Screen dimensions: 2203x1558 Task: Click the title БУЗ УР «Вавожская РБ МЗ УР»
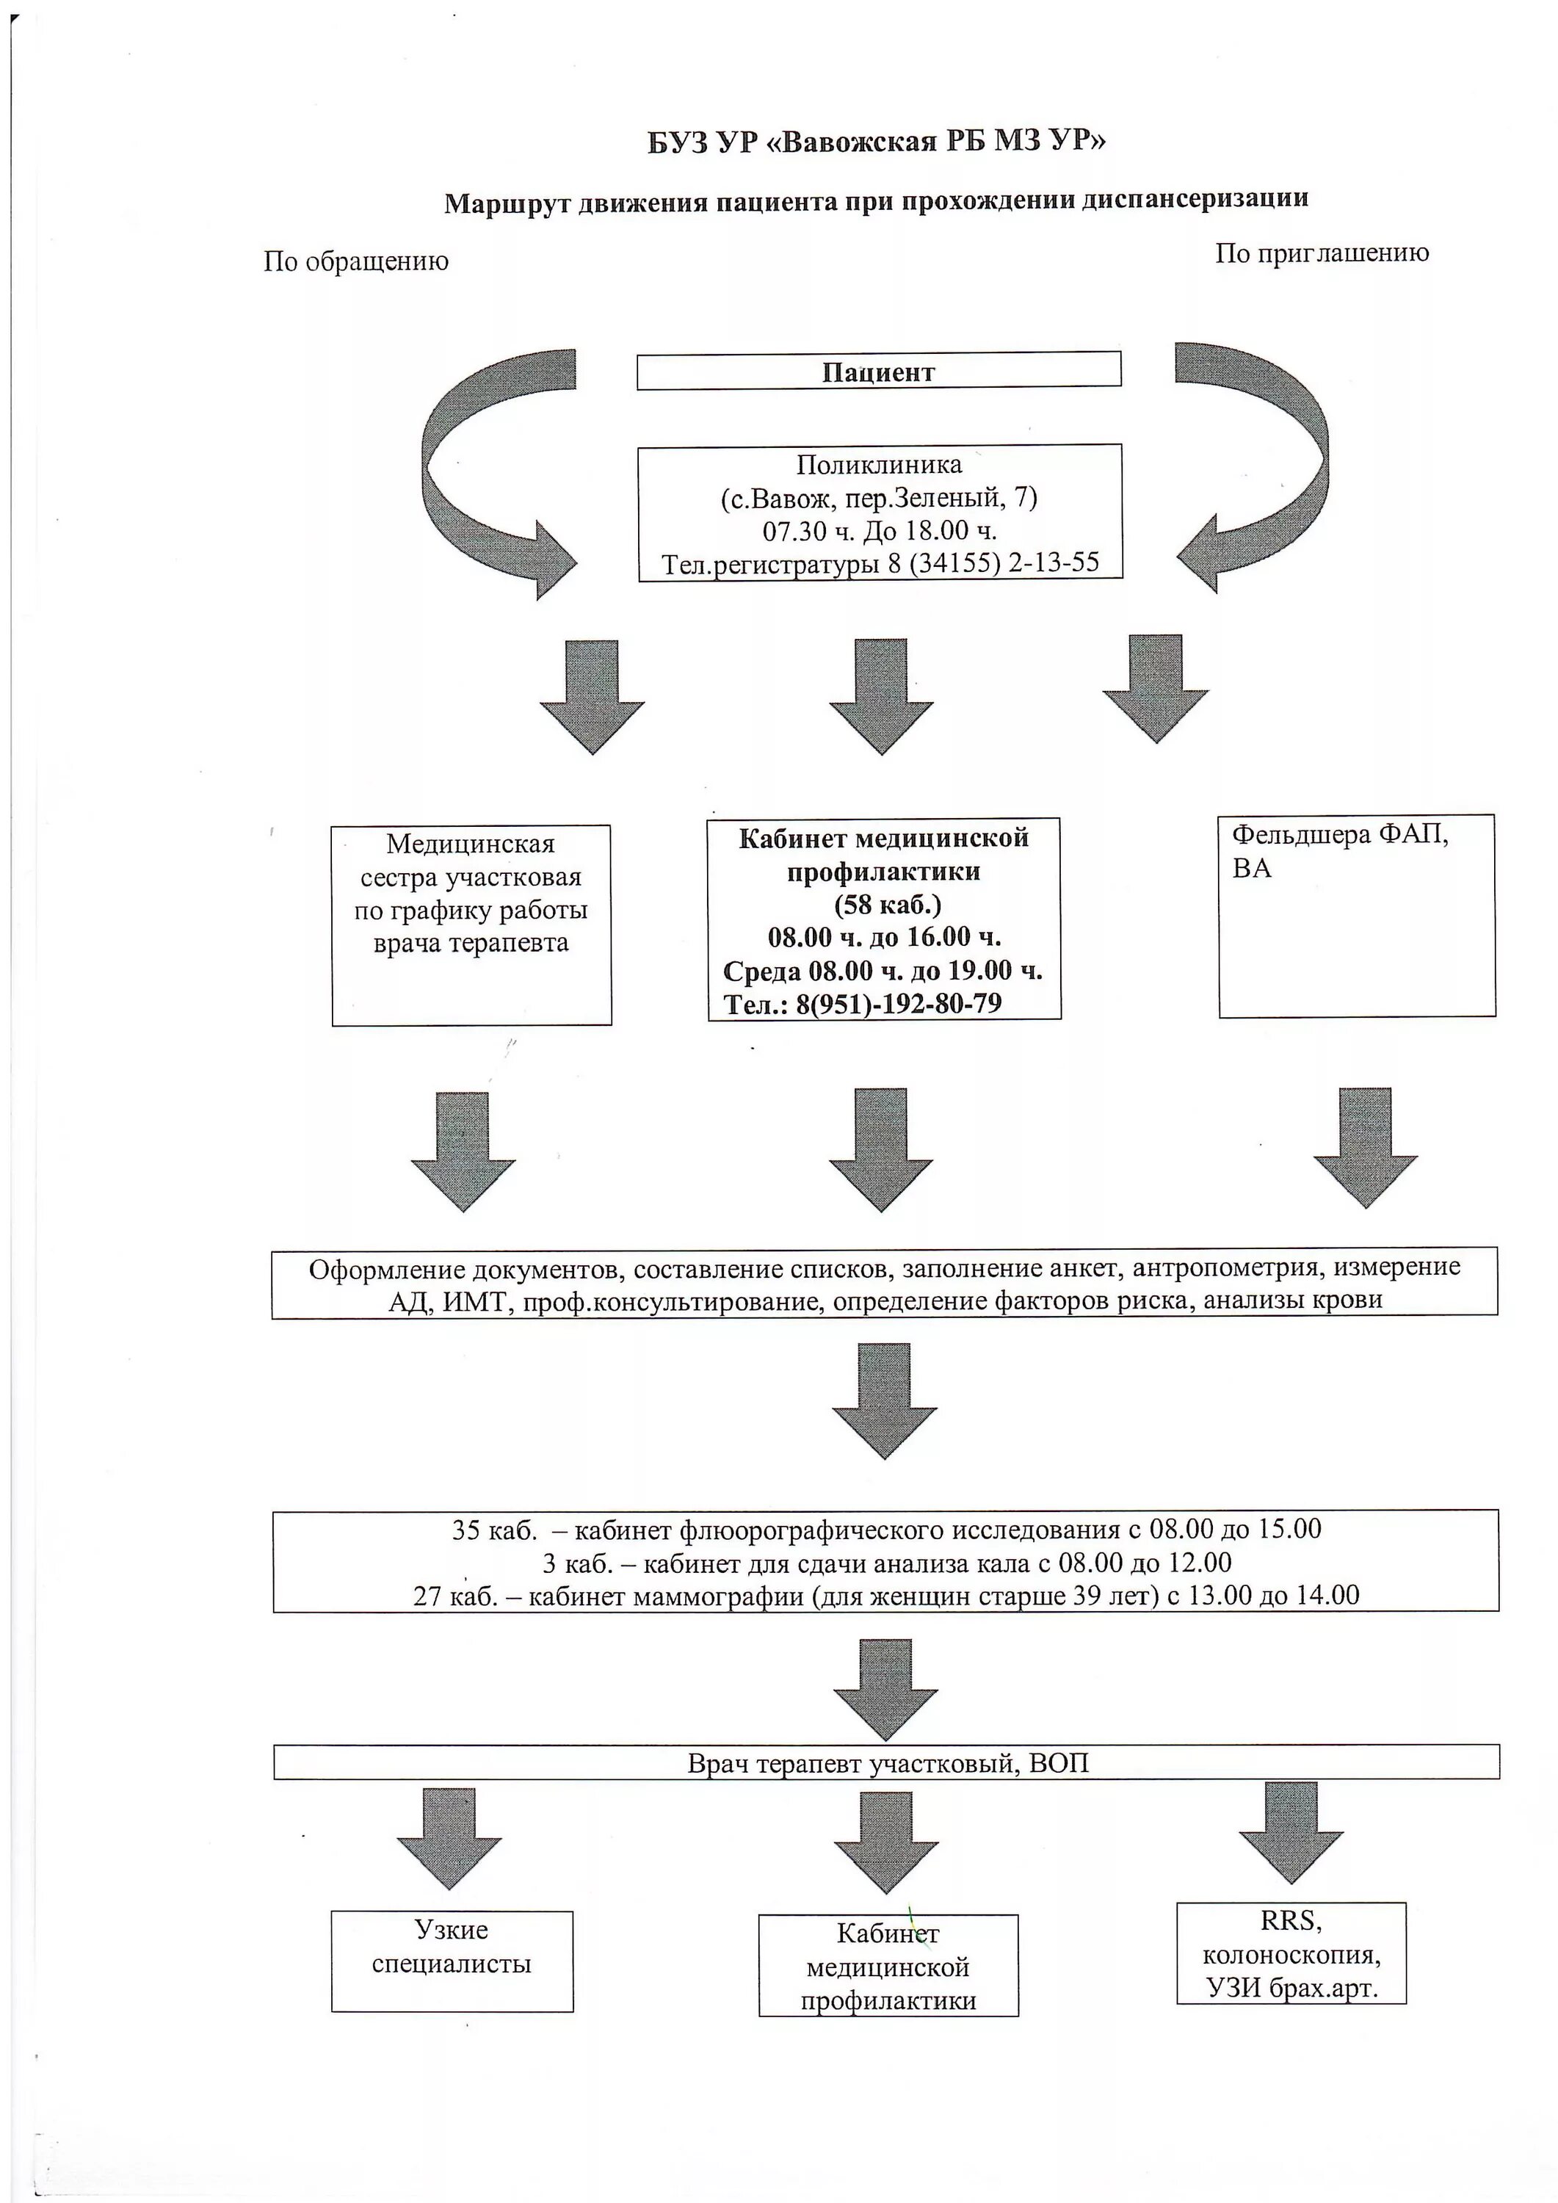pos(876,142)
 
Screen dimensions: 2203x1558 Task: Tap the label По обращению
pos(356,261)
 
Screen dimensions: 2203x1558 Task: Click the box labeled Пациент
pos(878,372)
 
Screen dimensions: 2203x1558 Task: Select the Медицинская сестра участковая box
pos(471,926)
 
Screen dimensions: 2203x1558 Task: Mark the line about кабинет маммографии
pos(885,1595)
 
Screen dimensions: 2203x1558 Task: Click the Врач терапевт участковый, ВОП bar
pos(885,1762)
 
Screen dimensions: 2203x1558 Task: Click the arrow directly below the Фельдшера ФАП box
pos(1364,1148)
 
